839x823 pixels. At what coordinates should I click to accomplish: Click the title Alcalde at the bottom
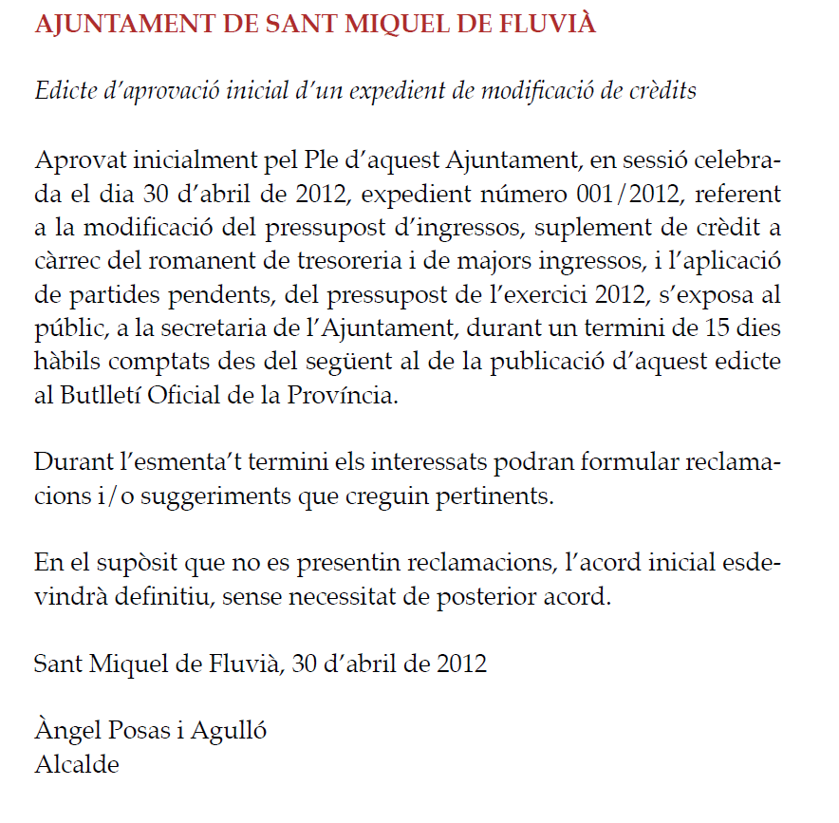coord(77,763)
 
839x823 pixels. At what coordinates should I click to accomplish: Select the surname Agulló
coord(229,731)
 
